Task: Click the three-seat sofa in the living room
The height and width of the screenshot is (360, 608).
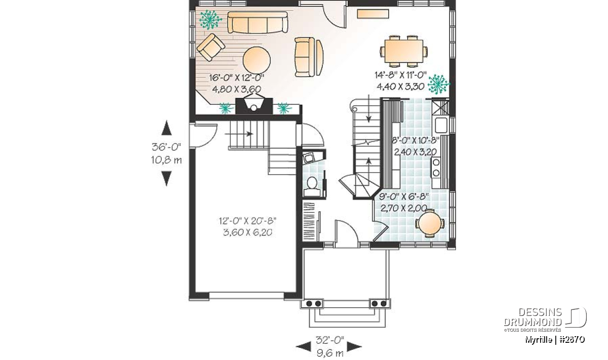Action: tap(257, 22)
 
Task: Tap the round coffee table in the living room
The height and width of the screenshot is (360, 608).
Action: tap(256, 60)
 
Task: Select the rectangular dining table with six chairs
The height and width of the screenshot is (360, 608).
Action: tap(404, 51)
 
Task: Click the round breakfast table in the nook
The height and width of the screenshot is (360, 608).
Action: tap(430, 223)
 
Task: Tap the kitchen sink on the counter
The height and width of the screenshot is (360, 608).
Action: tap(441, 125)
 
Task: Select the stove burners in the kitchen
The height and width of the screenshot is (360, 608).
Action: tap(436, 168)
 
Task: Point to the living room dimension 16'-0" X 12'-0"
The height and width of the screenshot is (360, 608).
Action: tap(237, 78)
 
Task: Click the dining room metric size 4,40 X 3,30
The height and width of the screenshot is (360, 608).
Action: tap(401, 86)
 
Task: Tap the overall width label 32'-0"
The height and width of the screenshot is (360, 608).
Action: tap(330, 340)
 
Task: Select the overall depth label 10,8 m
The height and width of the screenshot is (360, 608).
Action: tap(166, 160)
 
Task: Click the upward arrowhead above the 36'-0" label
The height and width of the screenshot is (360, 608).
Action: tap(166, 128)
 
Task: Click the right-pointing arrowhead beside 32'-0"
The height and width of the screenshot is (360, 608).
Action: tap(354, 346)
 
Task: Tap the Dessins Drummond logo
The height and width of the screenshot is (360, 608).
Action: tap(545, 319)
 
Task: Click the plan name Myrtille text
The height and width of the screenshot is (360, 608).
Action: tap(539, 340)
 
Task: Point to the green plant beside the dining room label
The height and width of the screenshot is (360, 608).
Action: tap(438, 84)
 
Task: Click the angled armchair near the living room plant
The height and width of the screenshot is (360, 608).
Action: tap(211, 47)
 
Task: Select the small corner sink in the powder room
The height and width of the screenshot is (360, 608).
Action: tap(309, 158)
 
